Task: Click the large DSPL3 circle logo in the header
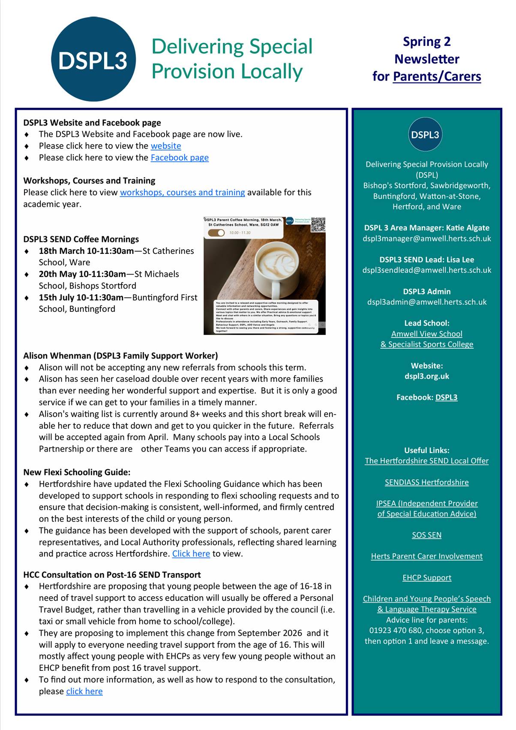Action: coord(93,60)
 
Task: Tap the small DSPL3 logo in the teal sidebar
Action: coord(425,135)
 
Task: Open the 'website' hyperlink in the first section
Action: coord(166,146)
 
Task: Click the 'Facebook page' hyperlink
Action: coord(180,157)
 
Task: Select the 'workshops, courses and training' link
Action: coord(182,192)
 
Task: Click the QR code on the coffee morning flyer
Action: coord(318,225)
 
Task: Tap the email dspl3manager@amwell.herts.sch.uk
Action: coord(427,238)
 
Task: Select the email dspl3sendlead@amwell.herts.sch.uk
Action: coord(427,270)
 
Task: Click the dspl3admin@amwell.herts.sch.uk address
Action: coord(427,302)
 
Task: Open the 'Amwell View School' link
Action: coord(427,334)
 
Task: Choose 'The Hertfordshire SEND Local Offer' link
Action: coord(427,461)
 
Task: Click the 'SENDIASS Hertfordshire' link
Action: coord(427,482)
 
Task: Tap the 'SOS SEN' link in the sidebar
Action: coord(427,535)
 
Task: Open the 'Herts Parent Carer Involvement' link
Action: coord(427,556)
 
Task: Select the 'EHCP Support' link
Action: coord(427,578)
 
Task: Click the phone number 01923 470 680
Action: coord(395,630)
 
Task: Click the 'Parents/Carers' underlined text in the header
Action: coord(437,76)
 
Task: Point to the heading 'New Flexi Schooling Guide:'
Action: coord(77,472)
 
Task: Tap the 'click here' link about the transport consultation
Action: coord(84,691)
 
